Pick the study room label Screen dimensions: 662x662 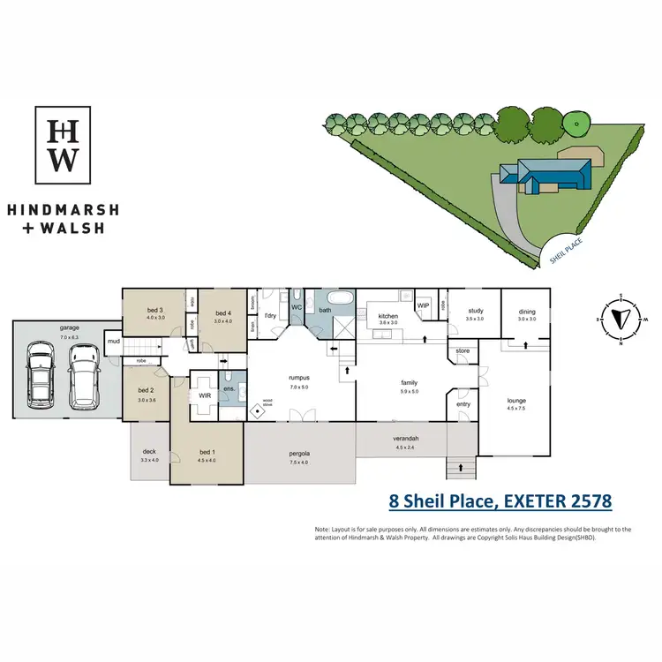(476, 311)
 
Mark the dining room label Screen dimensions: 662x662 (527, 311)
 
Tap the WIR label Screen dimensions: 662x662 (205, 396)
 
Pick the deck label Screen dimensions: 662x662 (149, 452)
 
